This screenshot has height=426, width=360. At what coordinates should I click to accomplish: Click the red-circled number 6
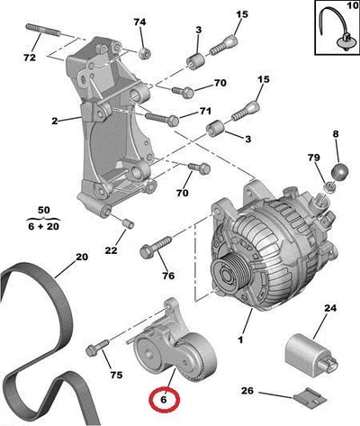164,400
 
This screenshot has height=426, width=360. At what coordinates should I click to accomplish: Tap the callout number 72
30,58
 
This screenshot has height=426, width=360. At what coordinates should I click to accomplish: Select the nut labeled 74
144,52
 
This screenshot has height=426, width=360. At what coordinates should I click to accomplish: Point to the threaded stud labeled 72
43,31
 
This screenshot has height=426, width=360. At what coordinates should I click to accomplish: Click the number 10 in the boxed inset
352,5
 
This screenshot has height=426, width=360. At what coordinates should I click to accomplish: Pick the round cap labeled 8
340,171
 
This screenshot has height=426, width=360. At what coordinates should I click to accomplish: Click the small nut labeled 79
329,187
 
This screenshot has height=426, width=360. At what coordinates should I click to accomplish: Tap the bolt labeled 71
162,118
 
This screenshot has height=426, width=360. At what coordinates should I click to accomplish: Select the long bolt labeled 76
156,247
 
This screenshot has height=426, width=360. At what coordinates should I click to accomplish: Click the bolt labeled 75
97,347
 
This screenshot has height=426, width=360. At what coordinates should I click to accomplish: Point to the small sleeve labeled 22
129,223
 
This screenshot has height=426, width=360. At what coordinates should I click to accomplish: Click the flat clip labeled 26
309,397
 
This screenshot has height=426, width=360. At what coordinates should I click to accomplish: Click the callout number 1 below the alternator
240,340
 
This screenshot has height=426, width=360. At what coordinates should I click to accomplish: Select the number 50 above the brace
44,210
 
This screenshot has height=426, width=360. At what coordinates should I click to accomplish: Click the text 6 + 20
44,226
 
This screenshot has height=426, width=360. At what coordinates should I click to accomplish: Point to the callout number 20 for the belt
82,257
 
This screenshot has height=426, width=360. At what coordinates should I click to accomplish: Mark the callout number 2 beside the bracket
54,121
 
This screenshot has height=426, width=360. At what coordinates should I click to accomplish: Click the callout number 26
247,391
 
